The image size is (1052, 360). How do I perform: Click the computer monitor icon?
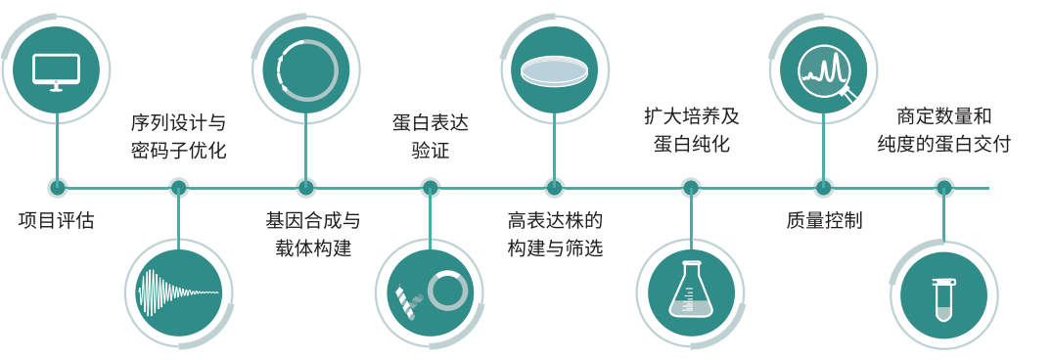click(56, 70)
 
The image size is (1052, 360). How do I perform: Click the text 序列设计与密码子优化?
click(178, 137)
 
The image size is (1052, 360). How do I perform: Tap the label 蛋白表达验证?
click(431, 137)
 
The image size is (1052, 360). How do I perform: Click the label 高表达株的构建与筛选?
click(555, 234)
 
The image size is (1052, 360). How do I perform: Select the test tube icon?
click(943, 293)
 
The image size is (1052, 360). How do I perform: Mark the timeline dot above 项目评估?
click(58, 187)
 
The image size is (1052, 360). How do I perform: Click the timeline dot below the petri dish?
click(555, 187)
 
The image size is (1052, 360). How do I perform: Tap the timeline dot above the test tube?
click(943, 187)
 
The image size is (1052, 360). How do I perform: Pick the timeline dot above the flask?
click(691, 187)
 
